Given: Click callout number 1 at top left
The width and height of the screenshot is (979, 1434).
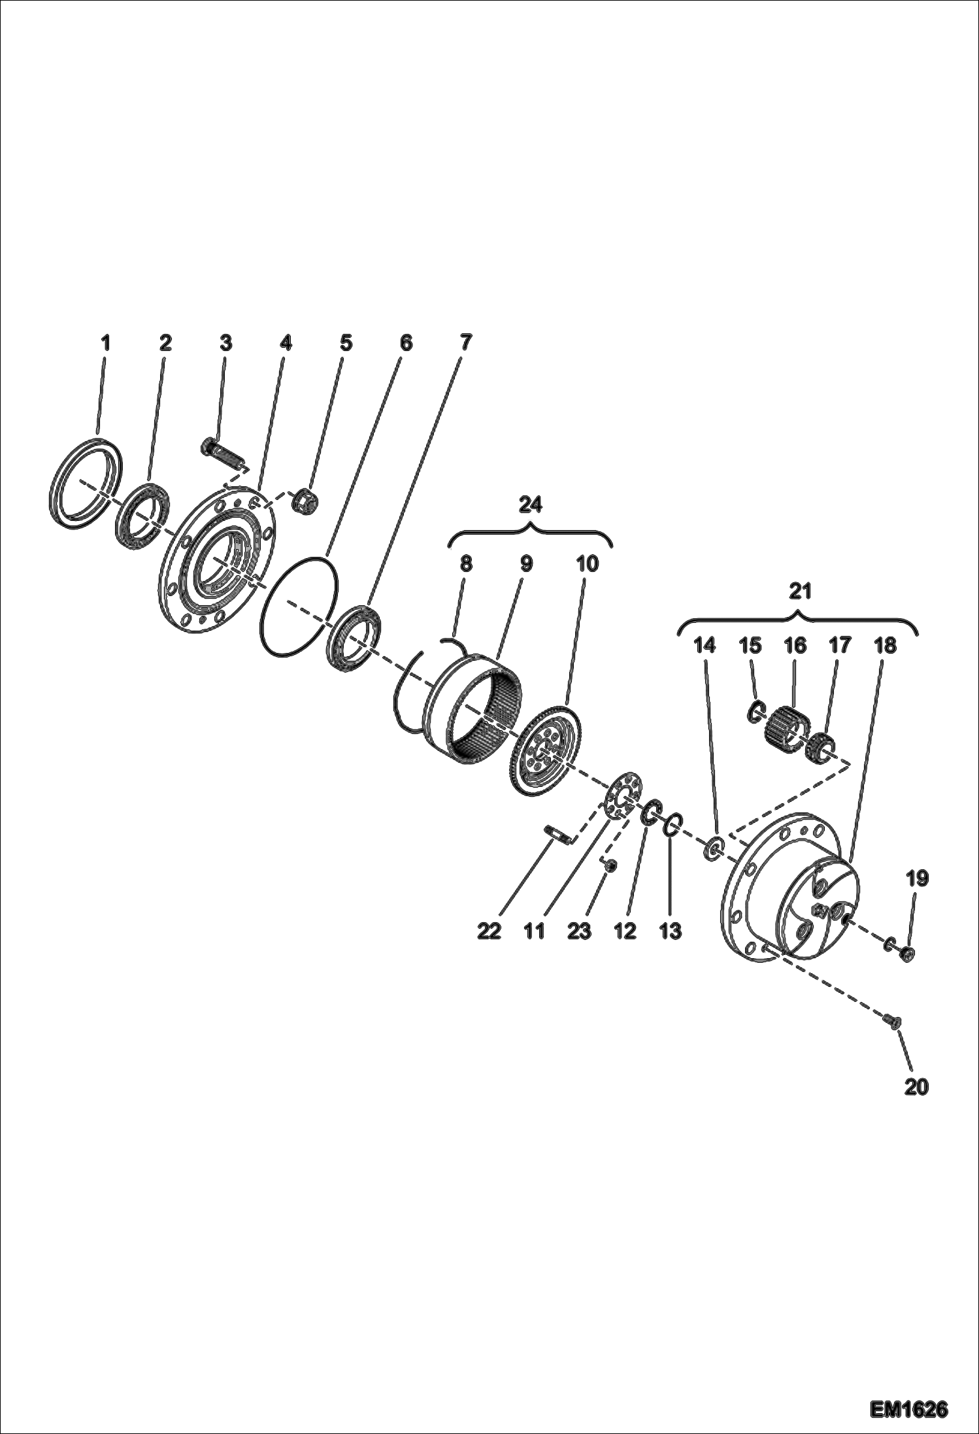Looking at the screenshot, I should tap(105, 342).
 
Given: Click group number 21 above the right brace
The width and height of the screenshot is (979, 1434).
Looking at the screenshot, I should tap(799, 592).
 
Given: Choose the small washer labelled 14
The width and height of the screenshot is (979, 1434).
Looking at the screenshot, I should tap(714, 850).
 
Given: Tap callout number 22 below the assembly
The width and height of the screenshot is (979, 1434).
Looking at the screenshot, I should tap(489, 931).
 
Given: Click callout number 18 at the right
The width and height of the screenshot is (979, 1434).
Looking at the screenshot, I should tap(885, 646).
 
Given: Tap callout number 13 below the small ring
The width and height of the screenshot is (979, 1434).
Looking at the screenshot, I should tap(671, 931).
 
